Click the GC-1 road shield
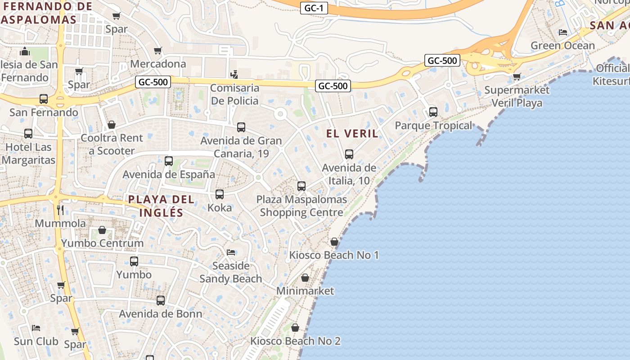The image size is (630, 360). pos(314,8)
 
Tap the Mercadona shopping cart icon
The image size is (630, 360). pos(157,50)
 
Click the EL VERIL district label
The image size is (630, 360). pos(352,134)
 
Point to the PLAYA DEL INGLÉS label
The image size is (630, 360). pos(161,206)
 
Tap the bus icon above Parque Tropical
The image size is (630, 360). pos(433,112)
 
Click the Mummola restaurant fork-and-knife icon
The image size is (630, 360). pos(60,210)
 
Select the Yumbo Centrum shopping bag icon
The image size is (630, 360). pos(102,230)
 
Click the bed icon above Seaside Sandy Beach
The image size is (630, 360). pos(231,252)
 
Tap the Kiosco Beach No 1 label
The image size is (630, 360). pos(334,255)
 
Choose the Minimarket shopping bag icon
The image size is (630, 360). pos(305,278)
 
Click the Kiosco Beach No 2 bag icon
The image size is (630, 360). pos(295,328)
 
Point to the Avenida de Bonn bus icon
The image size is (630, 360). pos(161,300)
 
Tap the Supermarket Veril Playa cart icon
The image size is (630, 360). pos(517,76)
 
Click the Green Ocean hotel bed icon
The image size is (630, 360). pos(562,32)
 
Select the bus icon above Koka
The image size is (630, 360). pos(220,194)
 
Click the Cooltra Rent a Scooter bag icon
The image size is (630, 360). pos(112,125)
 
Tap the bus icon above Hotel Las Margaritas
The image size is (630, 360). pos(28,134)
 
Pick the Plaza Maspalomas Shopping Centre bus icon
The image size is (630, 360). pos(301,186)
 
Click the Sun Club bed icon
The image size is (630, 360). pos(36,328)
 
